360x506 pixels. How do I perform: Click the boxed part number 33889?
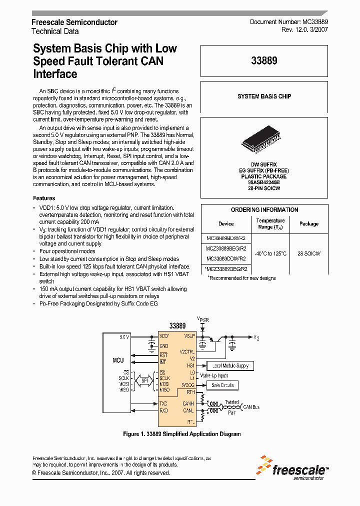click(x=264, y=61)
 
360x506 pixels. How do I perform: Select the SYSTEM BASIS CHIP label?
click(x=264, y=96)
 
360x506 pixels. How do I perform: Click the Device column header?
click(x=226, y=224)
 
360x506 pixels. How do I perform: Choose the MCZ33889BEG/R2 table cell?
click(x=226, y=248)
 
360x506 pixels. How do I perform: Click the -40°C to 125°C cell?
click(x=270, y=253)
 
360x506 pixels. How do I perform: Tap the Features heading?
click(x=44, y=198)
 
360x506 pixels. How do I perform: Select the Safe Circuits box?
click(x=222, y=385)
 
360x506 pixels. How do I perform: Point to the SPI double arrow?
click(x=144, y=381)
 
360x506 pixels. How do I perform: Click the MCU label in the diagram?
click(x=118, y=360)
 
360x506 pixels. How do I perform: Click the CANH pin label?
click(x=188, y=403)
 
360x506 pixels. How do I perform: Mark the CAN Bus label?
click(x=251, y=407)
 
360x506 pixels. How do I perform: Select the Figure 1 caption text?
click(x=181, y=434)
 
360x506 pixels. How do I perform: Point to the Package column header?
click(x=309, y=224)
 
